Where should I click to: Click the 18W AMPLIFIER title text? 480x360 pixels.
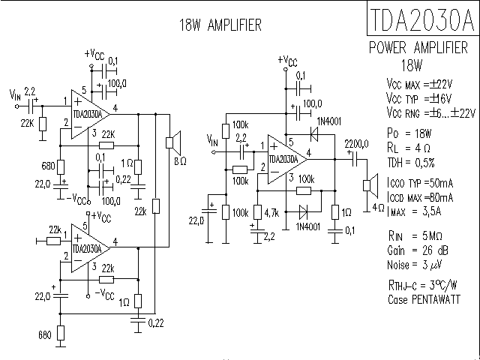(x=220, y=25)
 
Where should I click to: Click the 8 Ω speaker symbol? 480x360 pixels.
(x=172, y=141)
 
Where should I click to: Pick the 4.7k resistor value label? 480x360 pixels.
(x=271, y=214)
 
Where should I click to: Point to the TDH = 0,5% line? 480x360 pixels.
(x=411, y=162)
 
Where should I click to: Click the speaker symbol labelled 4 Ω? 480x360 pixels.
(x=368, y=184)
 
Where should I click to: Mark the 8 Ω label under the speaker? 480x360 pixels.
(x=180, y=160)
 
